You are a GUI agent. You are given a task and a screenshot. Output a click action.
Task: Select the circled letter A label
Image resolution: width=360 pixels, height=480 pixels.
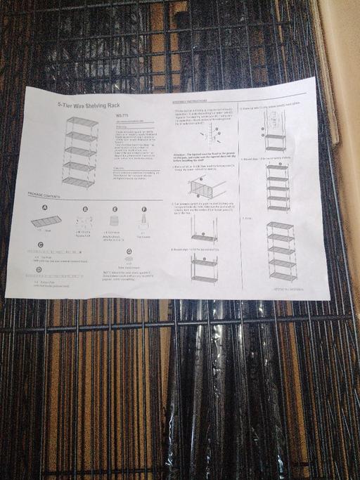pos(45,208)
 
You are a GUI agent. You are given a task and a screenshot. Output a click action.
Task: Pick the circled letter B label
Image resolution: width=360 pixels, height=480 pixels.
pos(85,209)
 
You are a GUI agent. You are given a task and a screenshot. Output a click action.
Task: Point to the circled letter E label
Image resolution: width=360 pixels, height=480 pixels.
pos(115,209)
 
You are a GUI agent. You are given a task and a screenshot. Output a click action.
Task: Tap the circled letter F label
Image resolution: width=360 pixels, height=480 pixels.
pos(144,209)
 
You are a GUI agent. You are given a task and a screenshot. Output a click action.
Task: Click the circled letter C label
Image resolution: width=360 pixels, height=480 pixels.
pos(41,244)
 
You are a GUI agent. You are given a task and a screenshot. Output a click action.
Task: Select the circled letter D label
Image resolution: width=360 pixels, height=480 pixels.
pos(39,269)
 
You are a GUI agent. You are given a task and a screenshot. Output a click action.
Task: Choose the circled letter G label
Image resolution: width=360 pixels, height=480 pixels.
pos(129,251)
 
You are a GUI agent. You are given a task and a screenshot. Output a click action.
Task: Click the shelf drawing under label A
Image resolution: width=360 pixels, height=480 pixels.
pos(46,221)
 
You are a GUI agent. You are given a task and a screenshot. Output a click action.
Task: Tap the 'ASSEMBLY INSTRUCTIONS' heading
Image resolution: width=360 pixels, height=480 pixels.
pos(194,103)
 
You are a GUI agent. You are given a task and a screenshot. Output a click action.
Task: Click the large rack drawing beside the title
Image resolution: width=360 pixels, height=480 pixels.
pos(79,151)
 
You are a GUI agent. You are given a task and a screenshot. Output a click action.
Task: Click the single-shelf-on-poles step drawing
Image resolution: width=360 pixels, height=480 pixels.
pos(204,228)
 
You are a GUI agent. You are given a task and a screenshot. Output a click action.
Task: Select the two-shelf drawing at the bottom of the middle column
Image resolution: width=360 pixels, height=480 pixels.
pos(205,269)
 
